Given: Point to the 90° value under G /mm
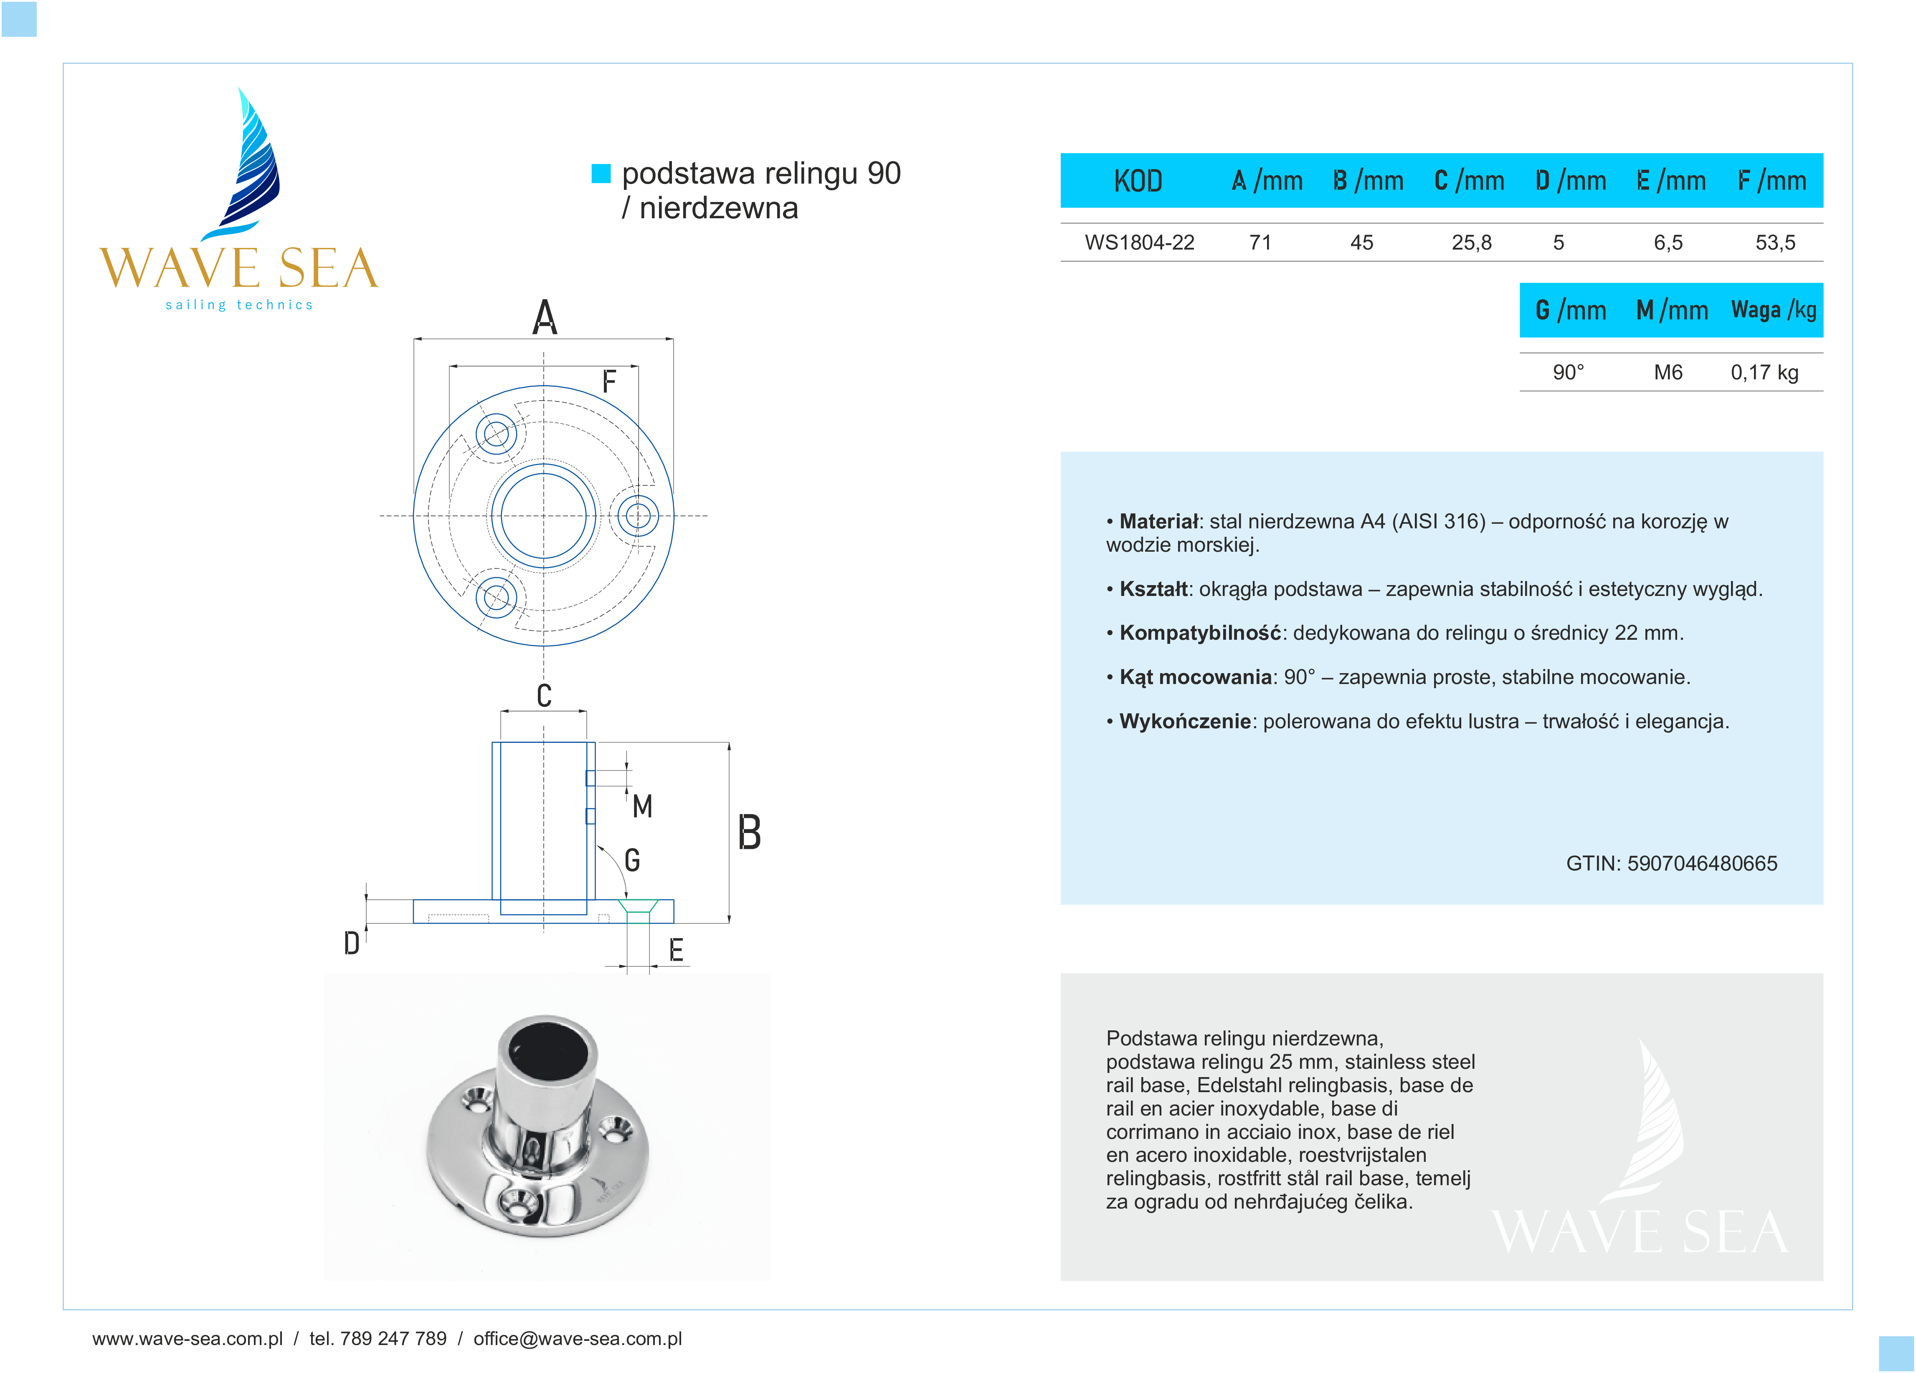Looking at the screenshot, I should [x=1568, y=372].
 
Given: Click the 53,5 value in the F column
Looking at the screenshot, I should [x=1775, y=243].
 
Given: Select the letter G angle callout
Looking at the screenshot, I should [x=632, y=861].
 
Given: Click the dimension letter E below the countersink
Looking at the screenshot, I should [x=676, y=951].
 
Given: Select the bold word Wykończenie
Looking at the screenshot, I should [x=1184, y=721].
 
